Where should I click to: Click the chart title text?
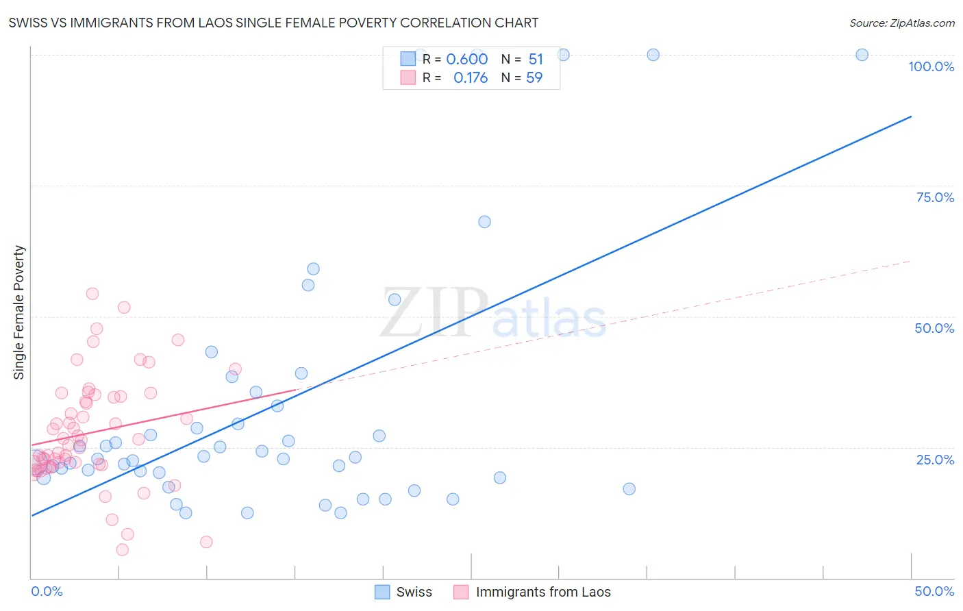pos(273,23)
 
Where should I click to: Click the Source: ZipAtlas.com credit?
pos(901,23)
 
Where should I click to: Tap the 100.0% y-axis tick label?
pos(931,66)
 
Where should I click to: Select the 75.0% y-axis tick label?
pos(935,197)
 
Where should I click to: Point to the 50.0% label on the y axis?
pos(934,328)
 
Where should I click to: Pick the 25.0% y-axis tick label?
pos(935,460)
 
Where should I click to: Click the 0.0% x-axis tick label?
pos(47,591)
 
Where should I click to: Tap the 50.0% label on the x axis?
pos(934,591)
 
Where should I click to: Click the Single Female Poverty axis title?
pos(19,312)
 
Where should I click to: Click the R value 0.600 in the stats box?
pos(467,60)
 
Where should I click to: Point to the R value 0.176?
pos(471,78)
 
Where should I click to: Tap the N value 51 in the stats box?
pos(536,60)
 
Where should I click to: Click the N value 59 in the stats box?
pos(534,78)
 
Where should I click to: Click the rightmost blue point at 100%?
pos(862,55)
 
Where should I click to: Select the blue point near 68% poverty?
pos(484,222)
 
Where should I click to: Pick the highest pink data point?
pos(92,294)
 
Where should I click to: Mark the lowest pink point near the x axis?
pos(123,549)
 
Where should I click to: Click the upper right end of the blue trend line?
pos(911,116)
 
